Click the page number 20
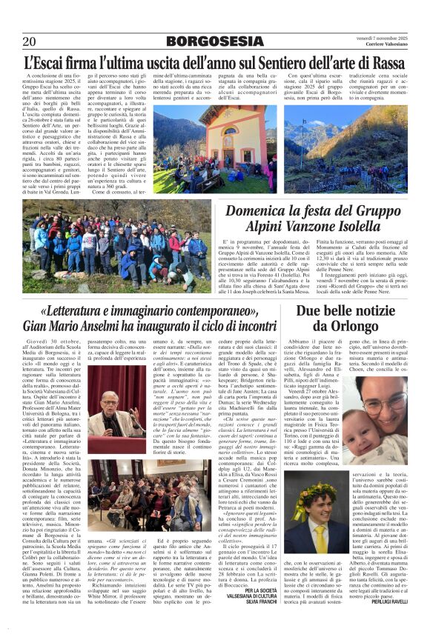[30, 41]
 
